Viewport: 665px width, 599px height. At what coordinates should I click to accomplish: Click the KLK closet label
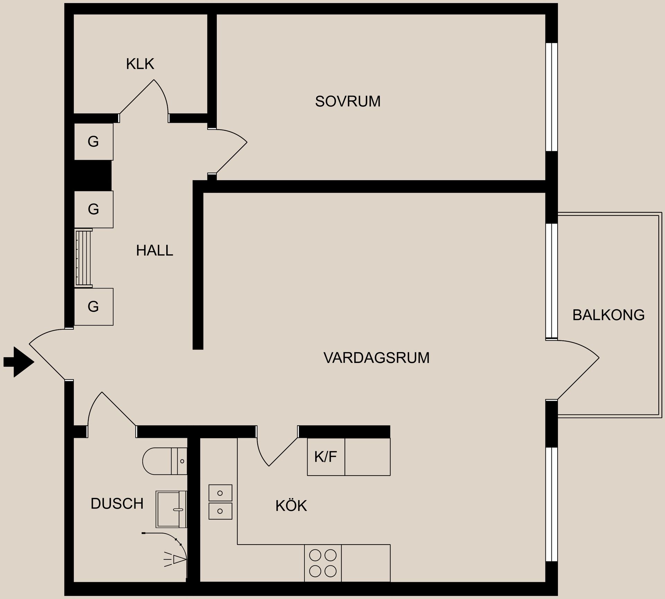[140, 64]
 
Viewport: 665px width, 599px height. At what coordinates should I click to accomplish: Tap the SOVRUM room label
[347, 101]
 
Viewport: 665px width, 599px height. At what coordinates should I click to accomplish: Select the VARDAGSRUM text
[376, 358]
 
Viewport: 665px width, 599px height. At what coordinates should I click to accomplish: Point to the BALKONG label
[608, 315]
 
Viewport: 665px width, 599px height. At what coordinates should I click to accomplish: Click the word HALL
[154, 251]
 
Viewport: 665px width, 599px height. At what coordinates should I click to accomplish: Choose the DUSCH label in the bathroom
[117, 504]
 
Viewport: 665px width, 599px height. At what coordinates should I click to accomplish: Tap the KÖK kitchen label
[291, 506]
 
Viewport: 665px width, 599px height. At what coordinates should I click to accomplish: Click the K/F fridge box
[326, 457]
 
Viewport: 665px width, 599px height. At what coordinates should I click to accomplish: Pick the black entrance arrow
[19, 362]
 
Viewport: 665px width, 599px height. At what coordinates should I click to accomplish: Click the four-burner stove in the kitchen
[323, 563]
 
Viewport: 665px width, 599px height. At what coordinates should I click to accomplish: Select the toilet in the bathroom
[164, 461]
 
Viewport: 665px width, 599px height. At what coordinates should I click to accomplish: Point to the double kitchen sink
[220, 502]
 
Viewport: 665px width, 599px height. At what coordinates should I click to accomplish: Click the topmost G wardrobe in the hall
[94, 141]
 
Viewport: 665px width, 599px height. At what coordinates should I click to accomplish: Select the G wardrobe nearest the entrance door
[94, 306]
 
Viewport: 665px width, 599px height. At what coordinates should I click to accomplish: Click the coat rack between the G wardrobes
[84, 258]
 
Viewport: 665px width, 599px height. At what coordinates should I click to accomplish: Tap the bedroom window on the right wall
[551, 97]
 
